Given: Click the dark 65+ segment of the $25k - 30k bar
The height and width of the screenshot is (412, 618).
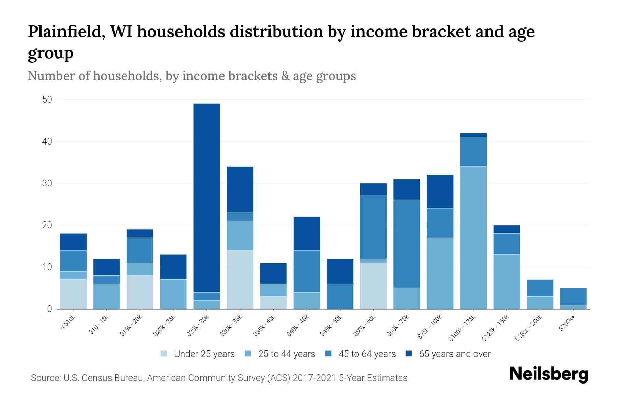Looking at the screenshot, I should [206, 197].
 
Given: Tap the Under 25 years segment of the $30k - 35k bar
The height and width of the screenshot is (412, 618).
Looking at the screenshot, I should [240, 279].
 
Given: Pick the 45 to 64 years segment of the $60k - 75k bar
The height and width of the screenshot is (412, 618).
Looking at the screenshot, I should [407, 244].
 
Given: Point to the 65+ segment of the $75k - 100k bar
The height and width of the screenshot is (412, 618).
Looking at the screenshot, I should [440, 192].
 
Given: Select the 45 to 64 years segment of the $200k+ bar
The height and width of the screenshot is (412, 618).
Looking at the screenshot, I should [573, 296].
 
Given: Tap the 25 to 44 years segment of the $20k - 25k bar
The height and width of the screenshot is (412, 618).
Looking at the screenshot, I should [173, 294].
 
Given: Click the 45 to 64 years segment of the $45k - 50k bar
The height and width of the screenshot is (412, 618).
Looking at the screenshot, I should [340, 296].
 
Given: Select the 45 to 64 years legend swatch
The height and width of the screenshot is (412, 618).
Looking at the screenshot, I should [329, 354].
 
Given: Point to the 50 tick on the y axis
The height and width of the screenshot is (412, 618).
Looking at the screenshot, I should [47, 100].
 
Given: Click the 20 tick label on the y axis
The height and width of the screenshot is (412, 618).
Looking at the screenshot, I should [47, 225].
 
